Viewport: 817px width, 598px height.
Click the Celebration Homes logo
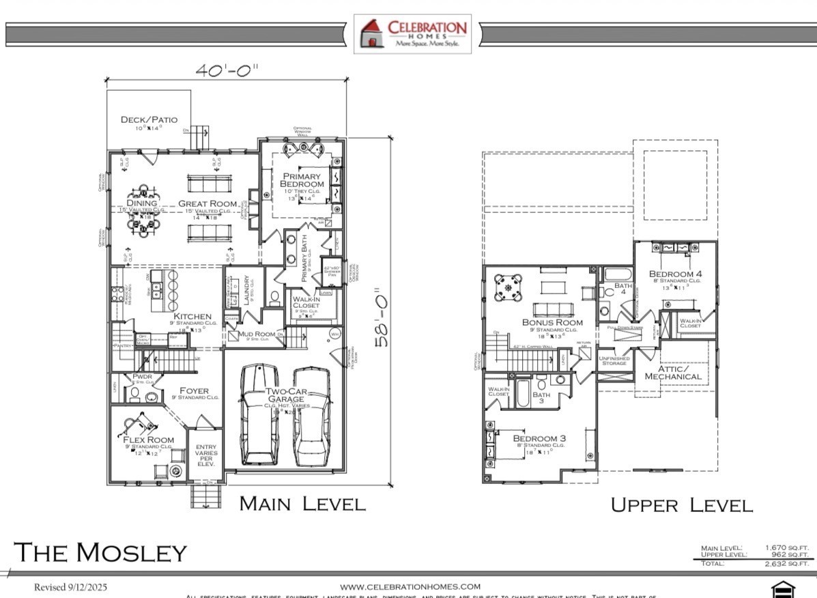413,33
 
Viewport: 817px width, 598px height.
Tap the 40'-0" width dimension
227,71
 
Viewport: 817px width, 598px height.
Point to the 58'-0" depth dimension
383,307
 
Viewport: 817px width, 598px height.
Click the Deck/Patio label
149,120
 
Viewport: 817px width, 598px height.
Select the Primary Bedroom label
303,180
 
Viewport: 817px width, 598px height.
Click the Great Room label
207,203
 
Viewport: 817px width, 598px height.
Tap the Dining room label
141,203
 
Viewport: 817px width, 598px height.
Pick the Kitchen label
192,317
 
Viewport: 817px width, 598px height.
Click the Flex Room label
148,440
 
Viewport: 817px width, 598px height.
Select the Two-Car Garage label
285,395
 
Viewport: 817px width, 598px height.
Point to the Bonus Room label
552,322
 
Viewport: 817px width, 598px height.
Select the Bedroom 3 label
539,438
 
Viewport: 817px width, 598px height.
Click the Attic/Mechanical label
672,373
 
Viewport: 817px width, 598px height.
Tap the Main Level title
302,504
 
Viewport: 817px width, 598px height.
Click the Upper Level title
680,505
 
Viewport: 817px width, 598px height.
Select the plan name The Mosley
100,552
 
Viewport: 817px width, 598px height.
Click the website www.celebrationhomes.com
410,586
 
